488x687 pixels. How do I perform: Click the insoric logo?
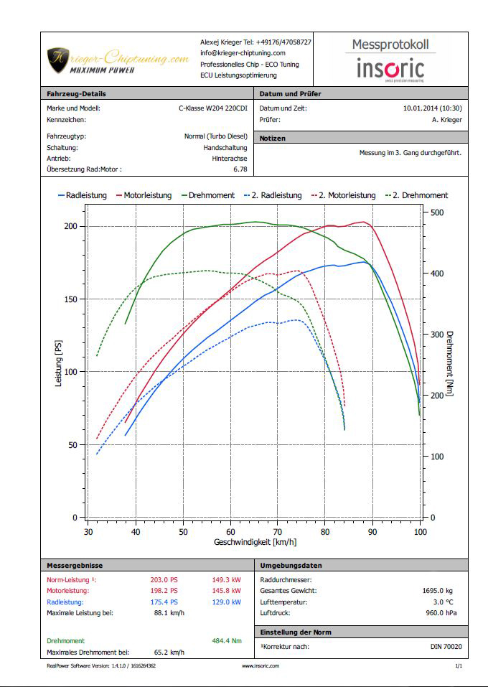point(391,69)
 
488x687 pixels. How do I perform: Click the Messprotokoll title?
point(390,45)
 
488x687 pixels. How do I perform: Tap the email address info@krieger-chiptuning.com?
point(243,53)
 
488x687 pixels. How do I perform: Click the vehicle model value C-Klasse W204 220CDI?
point(213,108)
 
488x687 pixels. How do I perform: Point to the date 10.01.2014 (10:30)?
point(433,108)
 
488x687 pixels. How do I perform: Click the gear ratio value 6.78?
point(240,169)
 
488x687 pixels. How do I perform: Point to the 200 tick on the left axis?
point(70,226)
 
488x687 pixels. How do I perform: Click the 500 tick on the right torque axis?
point(436,212)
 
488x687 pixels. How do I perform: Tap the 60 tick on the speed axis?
point(230,532)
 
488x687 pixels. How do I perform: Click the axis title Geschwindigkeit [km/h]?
point(255,542)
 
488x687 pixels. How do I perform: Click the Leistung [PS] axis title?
point(59,364)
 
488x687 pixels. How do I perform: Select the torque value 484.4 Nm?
point(227,640)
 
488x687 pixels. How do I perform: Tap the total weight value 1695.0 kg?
point(437,591)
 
